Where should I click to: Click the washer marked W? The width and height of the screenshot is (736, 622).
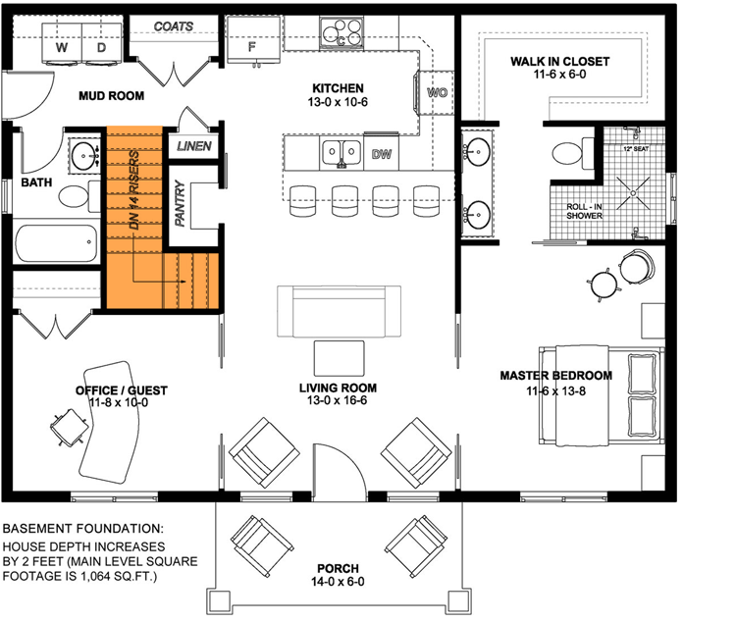61,47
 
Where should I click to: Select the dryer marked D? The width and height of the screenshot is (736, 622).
100,47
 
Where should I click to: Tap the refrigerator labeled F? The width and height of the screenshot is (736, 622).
252,46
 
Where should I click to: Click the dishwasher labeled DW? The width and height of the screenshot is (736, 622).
383,154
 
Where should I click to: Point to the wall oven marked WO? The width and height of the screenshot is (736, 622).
437,93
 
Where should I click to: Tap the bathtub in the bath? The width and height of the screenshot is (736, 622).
58,239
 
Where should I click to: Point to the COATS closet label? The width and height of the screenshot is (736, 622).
174,26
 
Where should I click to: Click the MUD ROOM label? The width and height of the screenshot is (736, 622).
112,96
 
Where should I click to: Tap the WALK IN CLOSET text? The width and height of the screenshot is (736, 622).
559,62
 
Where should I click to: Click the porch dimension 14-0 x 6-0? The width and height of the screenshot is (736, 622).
337,583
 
